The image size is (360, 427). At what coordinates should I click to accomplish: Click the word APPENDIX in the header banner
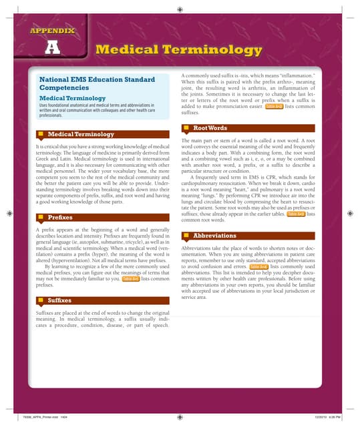pyautogui.click(x=51, y=31)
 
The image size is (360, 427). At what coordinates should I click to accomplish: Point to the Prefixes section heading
pyautogui.click(x=60, y=218)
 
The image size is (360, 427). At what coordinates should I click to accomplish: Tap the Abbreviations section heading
pyautogui.click(x=214, y=236)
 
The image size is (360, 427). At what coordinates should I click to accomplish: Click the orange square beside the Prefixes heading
pyautogui.click(x=41, y=218)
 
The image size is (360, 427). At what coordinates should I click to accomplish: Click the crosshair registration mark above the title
pyautogui.click(x=180, y=11)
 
